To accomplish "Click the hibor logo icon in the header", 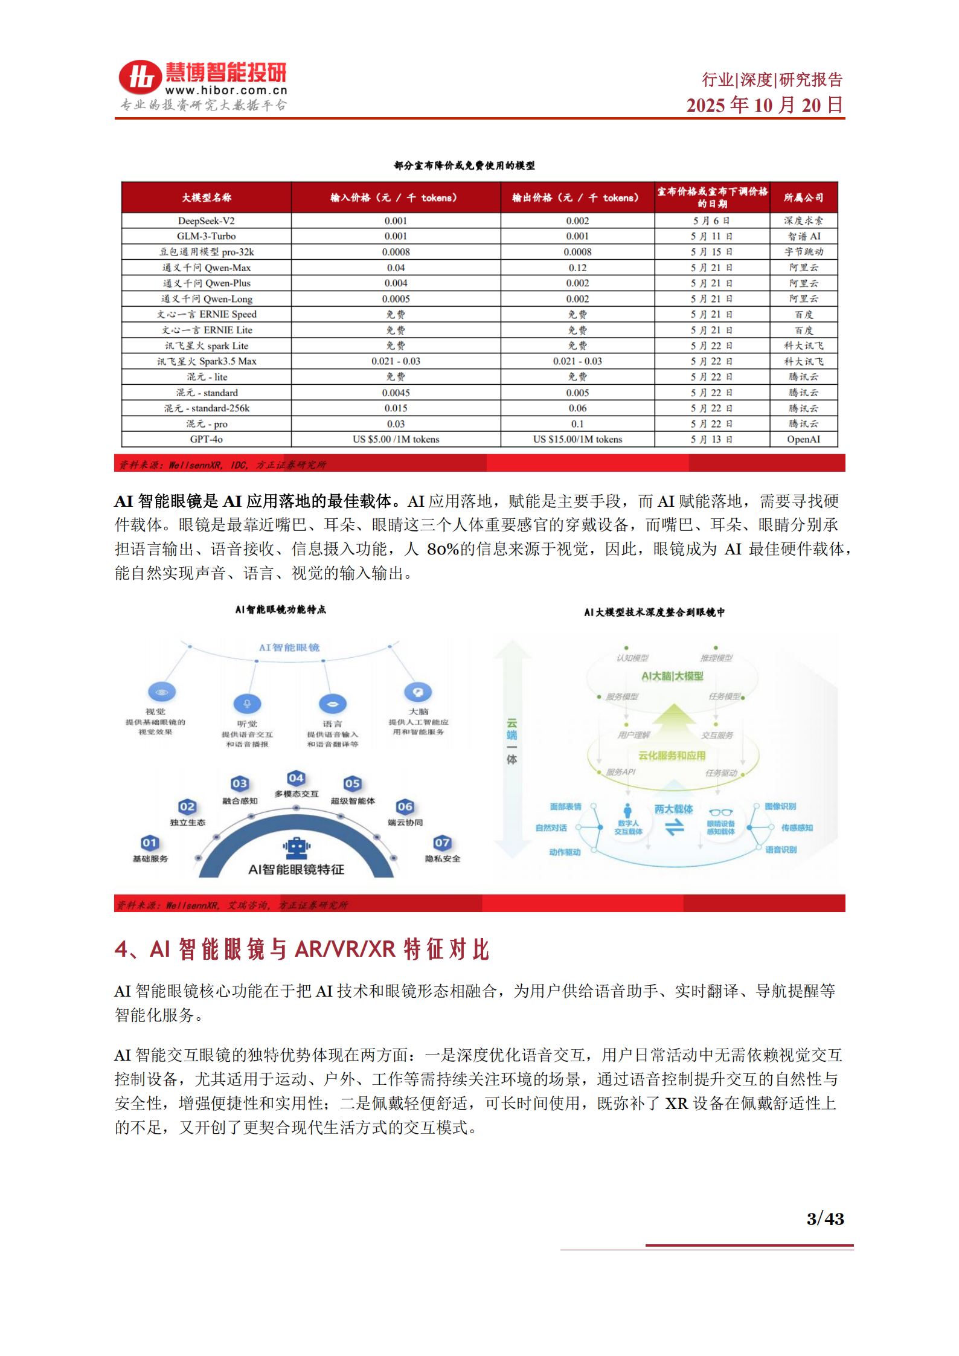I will (140, 78).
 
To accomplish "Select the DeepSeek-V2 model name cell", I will (207, 221).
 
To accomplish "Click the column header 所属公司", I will (803, 198).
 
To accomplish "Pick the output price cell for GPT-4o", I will (577, 440).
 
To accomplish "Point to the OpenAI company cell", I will (803, 440).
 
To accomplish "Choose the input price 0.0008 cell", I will (396, 252).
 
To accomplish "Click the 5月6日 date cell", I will (711, 221).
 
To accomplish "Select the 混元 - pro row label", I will (207, 424).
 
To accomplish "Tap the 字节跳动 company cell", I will (803, 252).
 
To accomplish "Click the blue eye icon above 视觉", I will (162, 692).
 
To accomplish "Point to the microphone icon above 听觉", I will (247, 704).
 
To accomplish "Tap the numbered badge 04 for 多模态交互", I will (296, 778).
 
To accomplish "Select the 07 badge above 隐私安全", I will (442, 843).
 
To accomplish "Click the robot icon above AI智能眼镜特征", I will (296, 847).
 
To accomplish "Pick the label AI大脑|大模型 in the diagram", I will (672, 676).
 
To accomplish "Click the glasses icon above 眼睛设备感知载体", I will (720, 812).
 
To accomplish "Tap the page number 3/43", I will (825, 1219).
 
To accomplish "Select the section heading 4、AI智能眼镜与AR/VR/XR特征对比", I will (301, 950).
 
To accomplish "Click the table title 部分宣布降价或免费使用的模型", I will (464, 165).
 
